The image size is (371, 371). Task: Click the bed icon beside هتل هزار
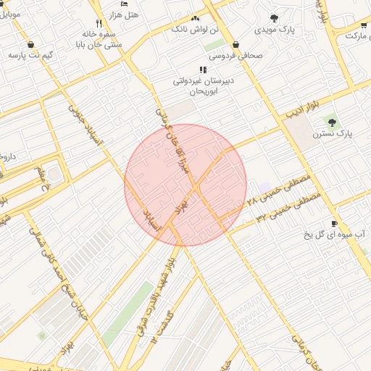tap(124, 4)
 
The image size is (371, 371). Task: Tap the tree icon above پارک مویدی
tap(274, 18)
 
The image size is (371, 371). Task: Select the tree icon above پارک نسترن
tap(332, 122)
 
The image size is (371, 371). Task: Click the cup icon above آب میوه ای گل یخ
tap(334, 223)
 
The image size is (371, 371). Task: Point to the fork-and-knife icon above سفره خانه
tap(99, 23)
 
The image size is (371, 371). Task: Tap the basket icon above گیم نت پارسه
tap(30, 43)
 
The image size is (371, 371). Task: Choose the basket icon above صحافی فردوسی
tap(236, 44)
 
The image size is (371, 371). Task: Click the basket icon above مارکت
tap(362, 25)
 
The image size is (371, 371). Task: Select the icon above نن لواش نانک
tap(194, 18)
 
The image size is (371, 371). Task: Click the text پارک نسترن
tap(332, 134)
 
